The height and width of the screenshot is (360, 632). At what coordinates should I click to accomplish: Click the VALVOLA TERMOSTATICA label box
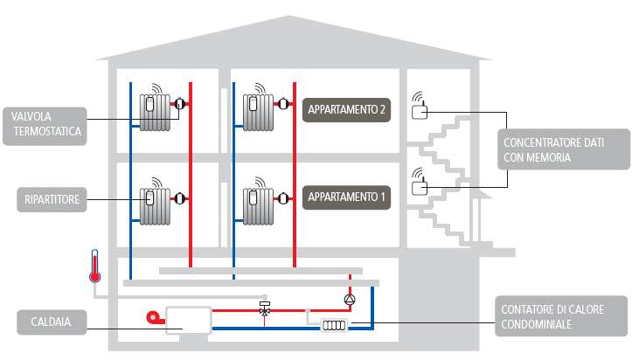tap(45, 126)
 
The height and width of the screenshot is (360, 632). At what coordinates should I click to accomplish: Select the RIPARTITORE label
tap(52, 199)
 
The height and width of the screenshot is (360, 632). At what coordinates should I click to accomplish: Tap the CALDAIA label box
tap(52, 322)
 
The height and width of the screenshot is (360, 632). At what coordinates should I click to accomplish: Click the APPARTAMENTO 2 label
tap(346, 109)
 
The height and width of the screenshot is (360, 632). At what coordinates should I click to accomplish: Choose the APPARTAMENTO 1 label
tap(346, 197)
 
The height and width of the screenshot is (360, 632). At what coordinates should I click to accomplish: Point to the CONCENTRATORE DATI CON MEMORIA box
tap(564, 149)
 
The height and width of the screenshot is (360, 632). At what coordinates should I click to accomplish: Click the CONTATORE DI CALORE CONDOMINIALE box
tap(561, 316)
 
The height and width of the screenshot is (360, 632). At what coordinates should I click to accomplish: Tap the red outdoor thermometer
tap(94, 267)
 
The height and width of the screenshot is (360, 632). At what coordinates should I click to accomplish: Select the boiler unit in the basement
tap(189, 320)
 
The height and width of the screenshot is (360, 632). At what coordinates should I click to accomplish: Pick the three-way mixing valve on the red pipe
tap(264, 309)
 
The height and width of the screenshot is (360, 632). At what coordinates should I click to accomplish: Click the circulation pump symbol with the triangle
tap(350, 299)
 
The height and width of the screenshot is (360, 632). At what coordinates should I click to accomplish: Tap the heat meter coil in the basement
tap(334, 325)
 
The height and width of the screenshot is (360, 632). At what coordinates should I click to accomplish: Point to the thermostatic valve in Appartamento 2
tap(283, 104)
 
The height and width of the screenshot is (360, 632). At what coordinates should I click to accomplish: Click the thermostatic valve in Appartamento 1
tap(283, 198)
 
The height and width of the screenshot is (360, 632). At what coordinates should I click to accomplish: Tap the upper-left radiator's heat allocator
tap(149, 105)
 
